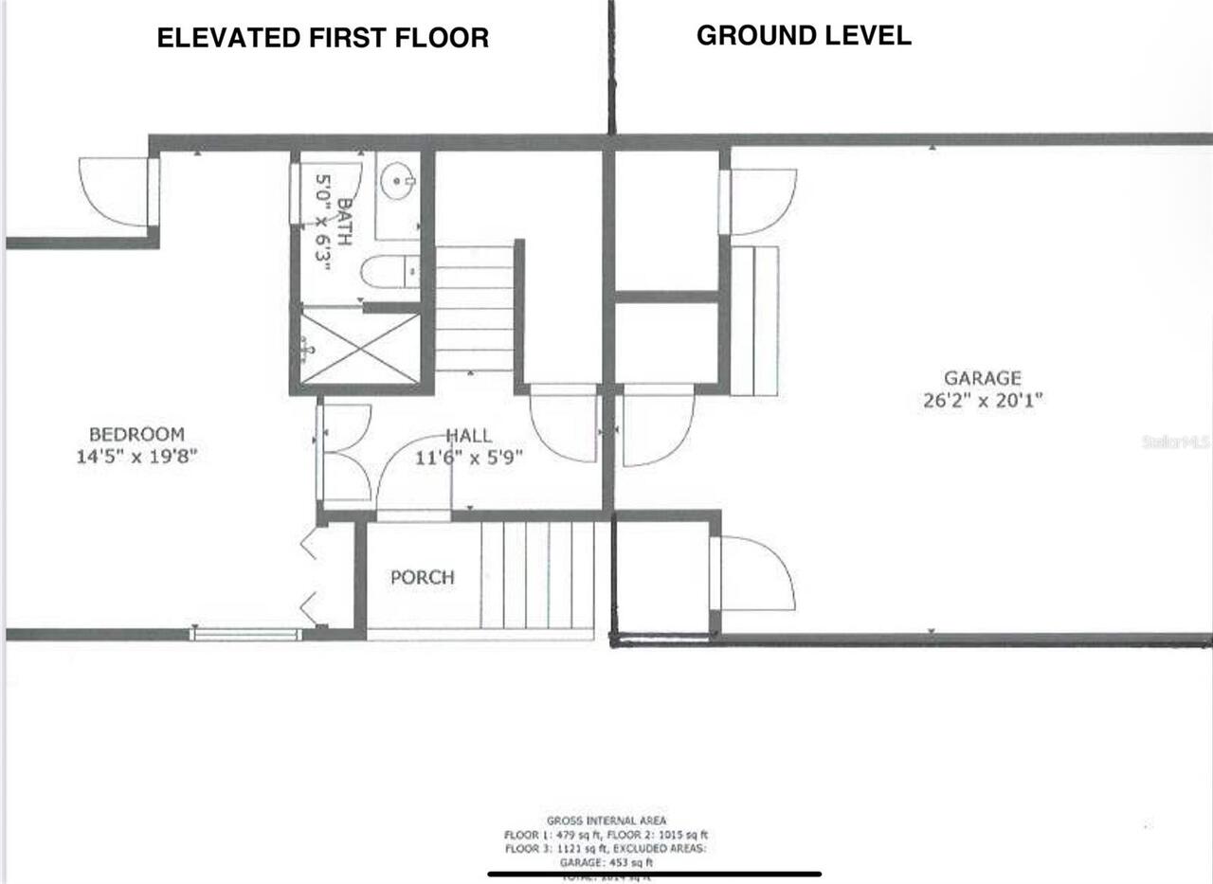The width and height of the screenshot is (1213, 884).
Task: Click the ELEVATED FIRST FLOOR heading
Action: click(x=323, y=38)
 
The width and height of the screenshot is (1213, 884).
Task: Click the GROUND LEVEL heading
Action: click(x=804, y=36)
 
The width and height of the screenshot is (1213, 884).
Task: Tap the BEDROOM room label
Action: click(x=136, y=434)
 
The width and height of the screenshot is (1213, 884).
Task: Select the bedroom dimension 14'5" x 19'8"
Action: click(x=136, y=456)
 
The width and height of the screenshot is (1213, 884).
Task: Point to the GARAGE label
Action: click(x=982, y=379)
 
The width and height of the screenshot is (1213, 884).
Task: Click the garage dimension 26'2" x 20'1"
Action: click(x=982, y=401)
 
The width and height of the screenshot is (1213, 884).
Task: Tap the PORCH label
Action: click(x=422, y=577)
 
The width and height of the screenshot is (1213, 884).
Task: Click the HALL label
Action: click(x=469, y=436)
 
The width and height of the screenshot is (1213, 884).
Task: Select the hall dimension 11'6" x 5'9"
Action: click(x=469, y=457)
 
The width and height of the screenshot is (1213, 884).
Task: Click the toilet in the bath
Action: click(x=389, y=272)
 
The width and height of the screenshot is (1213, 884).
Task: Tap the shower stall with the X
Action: click(x=360, y=348)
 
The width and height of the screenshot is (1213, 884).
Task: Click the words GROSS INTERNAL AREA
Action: click(x=606, y=821)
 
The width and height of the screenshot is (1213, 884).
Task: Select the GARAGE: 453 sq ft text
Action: click(x=606, y=863)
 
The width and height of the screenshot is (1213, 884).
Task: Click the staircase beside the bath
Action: click(x=474, y=308)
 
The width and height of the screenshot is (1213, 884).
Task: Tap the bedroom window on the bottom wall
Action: click(x=245, y=634)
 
